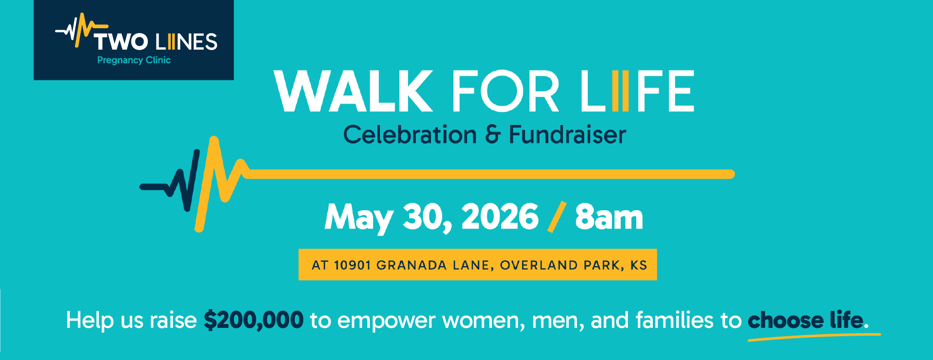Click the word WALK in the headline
(x=354, y=91)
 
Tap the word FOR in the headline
(x=505, y=91)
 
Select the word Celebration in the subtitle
(x=410, y=135)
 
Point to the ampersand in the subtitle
(x=492, y=135)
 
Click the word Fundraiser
(x=567, y=135)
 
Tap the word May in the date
(x=359, y=217)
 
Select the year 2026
(x=500, y=216)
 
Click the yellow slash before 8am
(x=557, y=217)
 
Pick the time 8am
(x=609, y=217)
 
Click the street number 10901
(x=352, y=265)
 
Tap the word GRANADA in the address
(x=412, y=265)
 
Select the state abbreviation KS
(x=638, y=265)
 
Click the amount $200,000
(x=253, y=320)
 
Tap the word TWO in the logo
(x=121, y=42)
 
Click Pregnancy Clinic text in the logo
(x=134, y=60)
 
